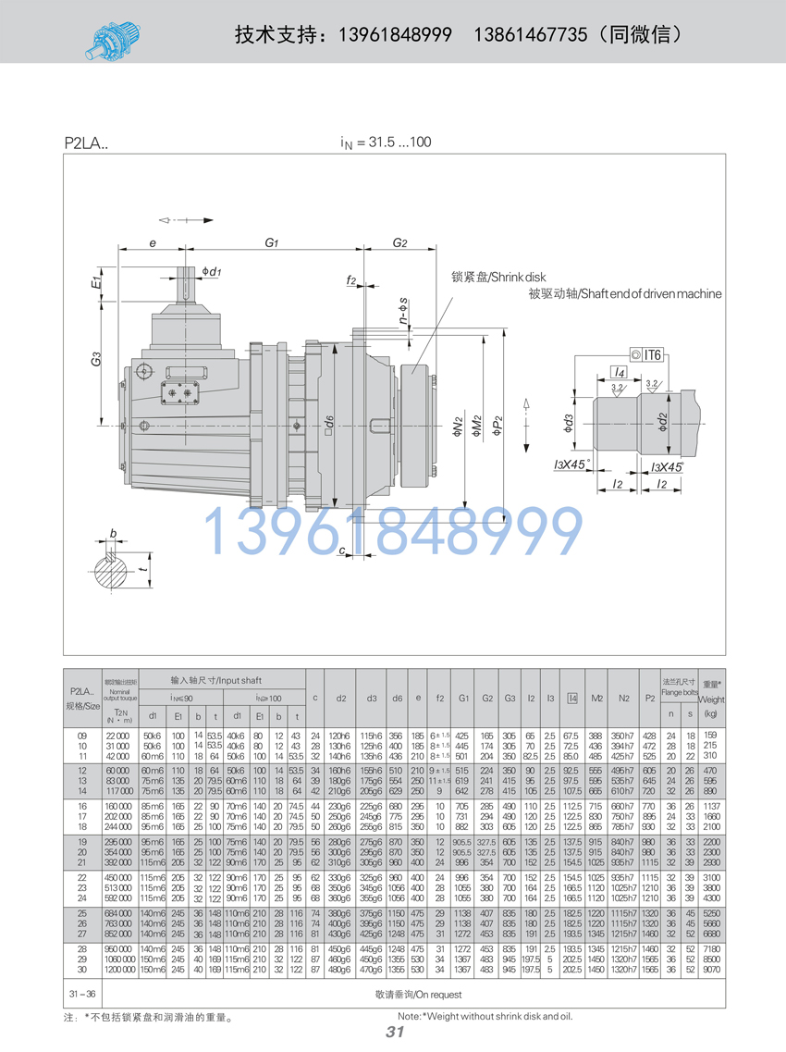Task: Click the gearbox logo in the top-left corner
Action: [x=113, y=37]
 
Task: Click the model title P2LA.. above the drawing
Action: [x=86, y=143]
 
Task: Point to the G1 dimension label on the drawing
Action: [x=271, y=243]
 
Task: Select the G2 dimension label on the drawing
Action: [x=399, y=243]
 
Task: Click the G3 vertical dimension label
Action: [x=96, y=359]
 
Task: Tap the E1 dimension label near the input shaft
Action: [x=96, y=279]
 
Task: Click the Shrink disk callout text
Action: [x=499, y=277]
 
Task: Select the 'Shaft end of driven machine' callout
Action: [x=624, y=293]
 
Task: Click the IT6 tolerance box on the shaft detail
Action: [x=646, y=353]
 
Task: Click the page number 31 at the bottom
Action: [x=395, y=1032]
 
